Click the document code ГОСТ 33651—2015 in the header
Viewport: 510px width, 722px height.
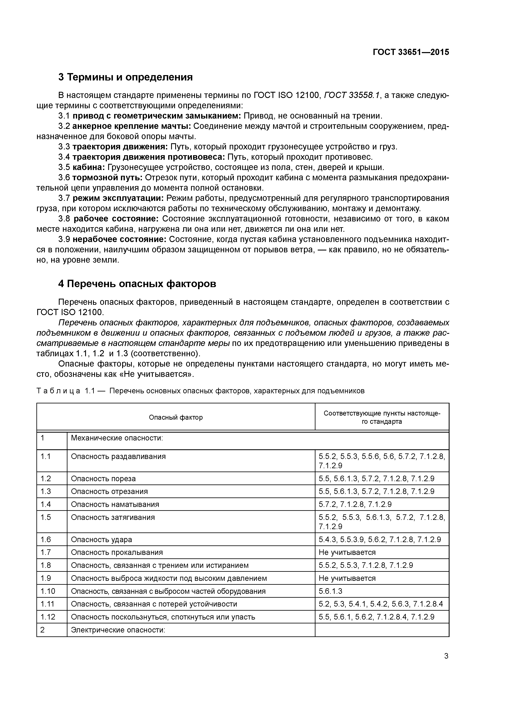411,52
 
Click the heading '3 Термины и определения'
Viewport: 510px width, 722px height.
125,77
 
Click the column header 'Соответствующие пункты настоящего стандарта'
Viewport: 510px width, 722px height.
382,417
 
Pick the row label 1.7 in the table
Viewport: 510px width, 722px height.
46,552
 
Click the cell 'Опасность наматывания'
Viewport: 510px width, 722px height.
115,504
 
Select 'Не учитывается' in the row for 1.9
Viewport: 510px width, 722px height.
347,578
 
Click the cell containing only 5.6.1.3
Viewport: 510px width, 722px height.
330,591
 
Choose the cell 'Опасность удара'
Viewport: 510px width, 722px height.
102,540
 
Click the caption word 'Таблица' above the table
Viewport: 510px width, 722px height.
58,391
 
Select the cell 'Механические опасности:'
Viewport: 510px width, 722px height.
117,438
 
